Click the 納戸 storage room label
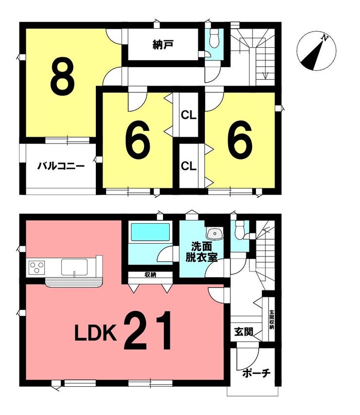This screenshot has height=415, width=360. [x=163, y=45]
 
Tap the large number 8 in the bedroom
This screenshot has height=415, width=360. [x=62, y=77]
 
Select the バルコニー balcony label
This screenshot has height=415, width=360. [x=61, y=166]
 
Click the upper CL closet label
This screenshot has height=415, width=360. [x=188, y=115]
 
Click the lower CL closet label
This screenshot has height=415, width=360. [x=188, y=166]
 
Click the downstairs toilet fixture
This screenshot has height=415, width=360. [x=240, y=230]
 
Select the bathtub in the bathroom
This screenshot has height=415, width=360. [x=150, y=232]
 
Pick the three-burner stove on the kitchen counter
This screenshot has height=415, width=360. [x=37, y=268]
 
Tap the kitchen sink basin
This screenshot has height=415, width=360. [x=74, y=267]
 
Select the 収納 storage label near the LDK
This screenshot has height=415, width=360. [x=150, y=274]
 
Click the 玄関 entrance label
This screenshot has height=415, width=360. [x=244, y=331]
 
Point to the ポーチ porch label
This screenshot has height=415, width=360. [x=256, y=373]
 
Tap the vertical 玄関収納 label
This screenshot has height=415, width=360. [x=271, y=320]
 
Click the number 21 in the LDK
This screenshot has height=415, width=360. [x=148, y=331]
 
